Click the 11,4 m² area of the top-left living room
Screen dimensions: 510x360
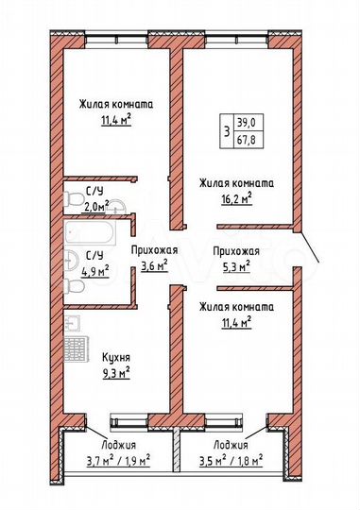[115, 120]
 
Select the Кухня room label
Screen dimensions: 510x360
[115, 357]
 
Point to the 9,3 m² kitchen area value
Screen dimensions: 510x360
[115, 372]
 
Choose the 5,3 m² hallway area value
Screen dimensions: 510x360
[235, 266]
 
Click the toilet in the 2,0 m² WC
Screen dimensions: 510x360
[72, 199]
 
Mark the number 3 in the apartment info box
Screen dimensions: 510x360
[226, 130]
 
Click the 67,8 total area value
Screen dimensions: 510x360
[246, 138]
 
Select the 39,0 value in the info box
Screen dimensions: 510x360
[246, 123]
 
